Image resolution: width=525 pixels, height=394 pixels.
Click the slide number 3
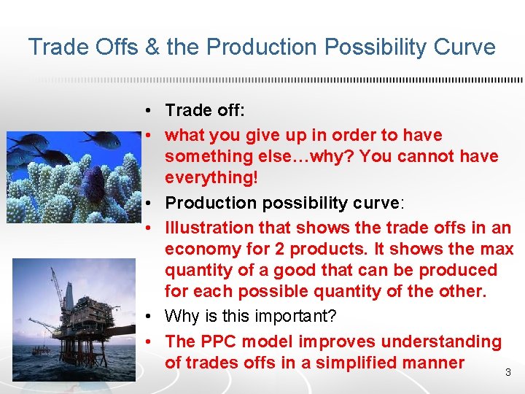click(507, 373)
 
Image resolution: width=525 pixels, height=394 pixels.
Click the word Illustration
click(206, 228)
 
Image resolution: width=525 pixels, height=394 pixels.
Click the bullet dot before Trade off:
click(148, 111)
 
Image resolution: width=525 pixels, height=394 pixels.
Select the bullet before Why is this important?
click(148, 317)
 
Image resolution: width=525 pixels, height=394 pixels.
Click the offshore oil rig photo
click(74, 319)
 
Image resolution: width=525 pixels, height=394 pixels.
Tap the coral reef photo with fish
click(74, 175)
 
